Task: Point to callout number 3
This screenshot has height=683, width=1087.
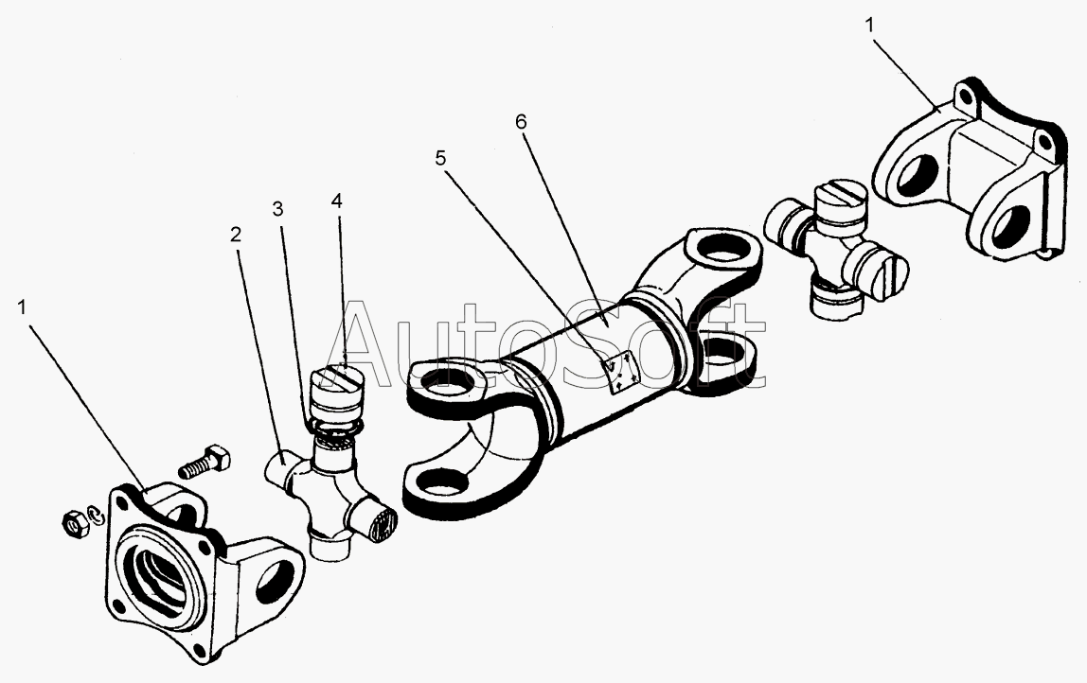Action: (277, 209)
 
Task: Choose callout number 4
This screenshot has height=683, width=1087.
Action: (337, 201)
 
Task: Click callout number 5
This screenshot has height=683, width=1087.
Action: (440, 158)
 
